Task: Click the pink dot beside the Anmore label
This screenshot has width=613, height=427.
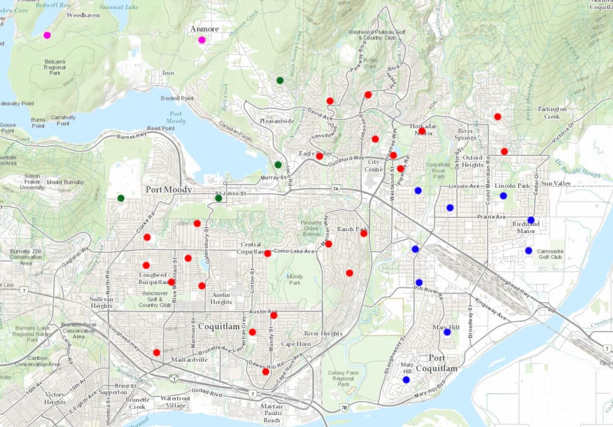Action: point(202,40)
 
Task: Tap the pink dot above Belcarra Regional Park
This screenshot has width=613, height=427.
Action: point(47,35)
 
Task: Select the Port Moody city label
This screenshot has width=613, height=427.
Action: point(169,190)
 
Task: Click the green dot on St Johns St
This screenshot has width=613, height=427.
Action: point(219,198)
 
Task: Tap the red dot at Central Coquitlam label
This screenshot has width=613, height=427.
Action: point(268,253)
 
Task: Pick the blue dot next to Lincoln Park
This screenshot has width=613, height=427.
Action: point(503,196)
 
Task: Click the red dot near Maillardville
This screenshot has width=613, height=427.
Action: point(157,353)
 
